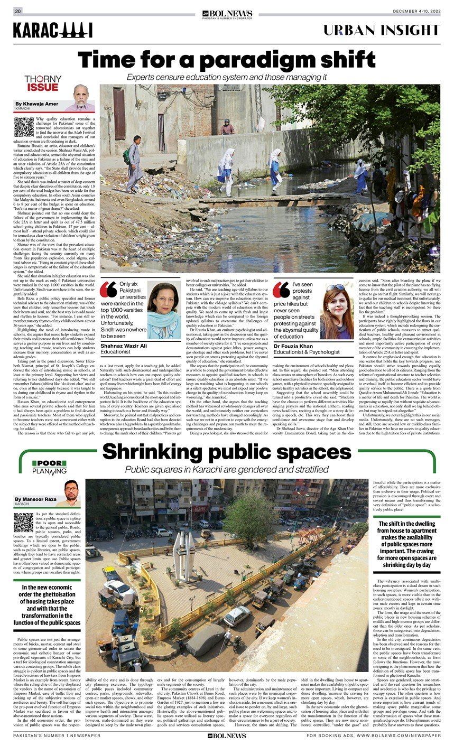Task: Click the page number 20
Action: point(18,11)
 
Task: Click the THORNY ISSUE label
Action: point(43,83)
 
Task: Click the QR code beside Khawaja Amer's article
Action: point(24,127)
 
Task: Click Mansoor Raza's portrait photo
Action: point(71,493)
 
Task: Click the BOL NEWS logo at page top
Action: point(227,13)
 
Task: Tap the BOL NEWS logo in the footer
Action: point(227,735)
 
